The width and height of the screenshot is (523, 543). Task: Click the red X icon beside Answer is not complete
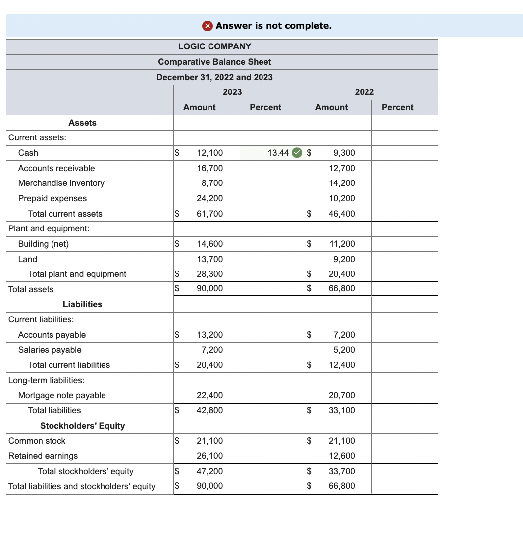209,26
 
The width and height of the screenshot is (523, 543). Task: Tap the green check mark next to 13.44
296,153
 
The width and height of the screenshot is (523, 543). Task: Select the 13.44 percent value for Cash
278,153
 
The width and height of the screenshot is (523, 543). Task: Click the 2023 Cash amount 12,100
209,153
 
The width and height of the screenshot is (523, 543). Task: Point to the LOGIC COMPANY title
214,46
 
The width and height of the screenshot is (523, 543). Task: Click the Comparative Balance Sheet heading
214,62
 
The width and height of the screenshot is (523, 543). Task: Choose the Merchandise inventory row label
61,183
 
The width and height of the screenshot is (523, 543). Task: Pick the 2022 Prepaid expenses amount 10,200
342,198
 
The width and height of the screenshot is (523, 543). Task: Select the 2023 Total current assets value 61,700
209,214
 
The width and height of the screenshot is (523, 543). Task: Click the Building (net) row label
44,244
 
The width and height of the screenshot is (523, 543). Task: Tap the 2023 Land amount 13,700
209,259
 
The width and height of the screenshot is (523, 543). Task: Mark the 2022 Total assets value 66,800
342,288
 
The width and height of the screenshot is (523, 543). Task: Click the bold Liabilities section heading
83,304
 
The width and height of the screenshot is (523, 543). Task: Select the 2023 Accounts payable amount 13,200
209,335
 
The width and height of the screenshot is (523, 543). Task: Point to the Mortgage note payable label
62,395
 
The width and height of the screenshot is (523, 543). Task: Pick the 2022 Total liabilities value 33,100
342,410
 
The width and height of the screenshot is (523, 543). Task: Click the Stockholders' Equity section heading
83,426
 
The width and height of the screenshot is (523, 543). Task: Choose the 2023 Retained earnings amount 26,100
209,456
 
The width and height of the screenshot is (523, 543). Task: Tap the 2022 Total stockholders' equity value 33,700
342,471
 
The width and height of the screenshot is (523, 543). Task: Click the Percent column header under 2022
397,107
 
